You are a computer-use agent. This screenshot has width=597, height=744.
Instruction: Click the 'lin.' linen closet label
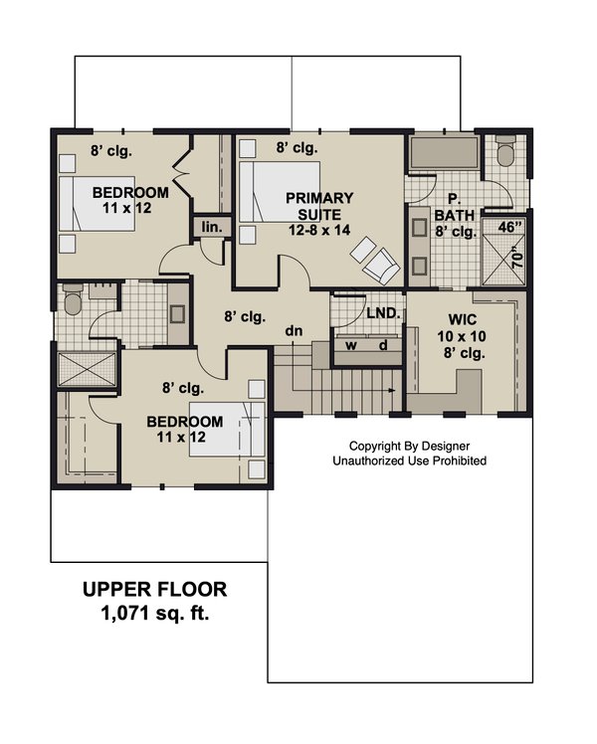212,228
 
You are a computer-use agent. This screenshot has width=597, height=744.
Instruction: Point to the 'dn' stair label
294,330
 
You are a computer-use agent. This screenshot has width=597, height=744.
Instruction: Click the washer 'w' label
350,345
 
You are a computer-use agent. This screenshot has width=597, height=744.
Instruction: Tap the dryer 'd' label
383,345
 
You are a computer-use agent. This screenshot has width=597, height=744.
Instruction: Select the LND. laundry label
383,313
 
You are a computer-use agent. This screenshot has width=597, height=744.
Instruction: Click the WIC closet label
463,319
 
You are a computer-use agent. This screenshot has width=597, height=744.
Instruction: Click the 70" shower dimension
517,258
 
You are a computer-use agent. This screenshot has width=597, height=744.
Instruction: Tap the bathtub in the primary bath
444,153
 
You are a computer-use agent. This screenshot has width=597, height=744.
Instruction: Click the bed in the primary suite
279,192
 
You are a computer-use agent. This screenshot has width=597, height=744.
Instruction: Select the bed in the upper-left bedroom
97,204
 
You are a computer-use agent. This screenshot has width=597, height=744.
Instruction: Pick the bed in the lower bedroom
227,430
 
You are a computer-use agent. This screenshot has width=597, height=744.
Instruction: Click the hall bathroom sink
178,313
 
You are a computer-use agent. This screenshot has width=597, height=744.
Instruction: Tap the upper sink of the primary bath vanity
420,228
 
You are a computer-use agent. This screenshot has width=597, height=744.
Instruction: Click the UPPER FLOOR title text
154,589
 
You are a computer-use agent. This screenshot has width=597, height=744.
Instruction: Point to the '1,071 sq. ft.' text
154,614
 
